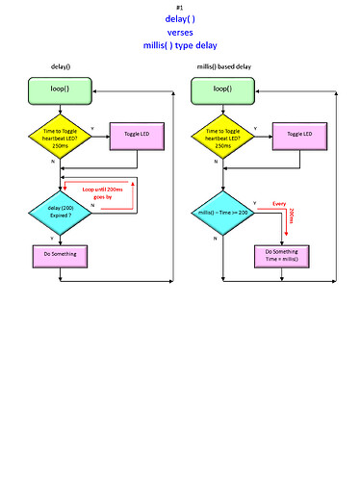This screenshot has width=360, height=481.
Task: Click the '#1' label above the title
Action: tap(180, 8)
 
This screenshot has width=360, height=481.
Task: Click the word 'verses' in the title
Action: tap(180, 31)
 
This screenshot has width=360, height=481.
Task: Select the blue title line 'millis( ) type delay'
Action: tap(180, 44)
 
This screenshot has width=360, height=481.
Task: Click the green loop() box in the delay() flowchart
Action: tap(60, 89)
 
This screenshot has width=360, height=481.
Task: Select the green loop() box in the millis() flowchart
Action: tap(222, 89)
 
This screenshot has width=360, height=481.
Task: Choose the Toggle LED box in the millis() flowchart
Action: tap(300, 135)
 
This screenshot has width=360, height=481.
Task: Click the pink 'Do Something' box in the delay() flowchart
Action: tap(60, 256)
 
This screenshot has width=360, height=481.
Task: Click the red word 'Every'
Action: tap(279, 204)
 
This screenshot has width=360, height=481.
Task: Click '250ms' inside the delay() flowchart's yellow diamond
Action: tap(60, 145)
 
